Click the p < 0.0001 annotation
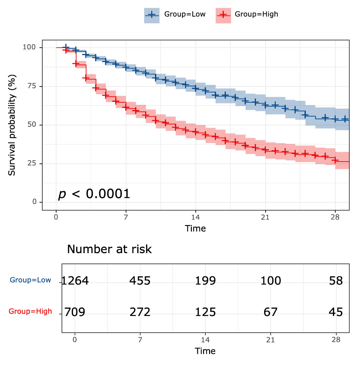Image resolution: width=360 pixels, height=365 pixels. (94, 194)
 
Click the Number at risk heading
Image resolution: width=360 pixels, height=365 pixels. (109, 249)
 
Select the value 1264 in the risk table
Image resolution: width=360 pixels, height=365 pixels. (75, 281)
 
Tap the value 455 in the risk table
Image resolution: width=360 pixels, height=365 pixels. (140, 281)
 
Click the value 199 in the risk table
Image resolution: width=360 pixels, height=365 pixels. (205, 281)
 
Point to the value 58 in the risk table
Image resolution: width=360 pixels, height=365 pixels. (336, 281)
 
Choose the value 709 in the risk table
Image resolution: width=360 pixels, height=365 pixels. (75, 312)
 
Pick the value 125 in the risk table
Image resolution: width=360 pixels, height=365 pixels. (205, 312)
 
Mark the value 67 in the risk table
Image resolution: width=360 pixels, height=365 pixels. (271, 312)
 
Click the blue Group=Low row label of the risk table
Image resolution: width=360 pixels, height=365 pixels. (30, 280)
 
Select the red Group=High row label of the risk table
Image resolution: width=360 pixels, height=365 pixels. (30, 311)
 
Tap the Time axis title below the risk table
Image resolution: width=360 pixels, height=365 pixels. (205, 351)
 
